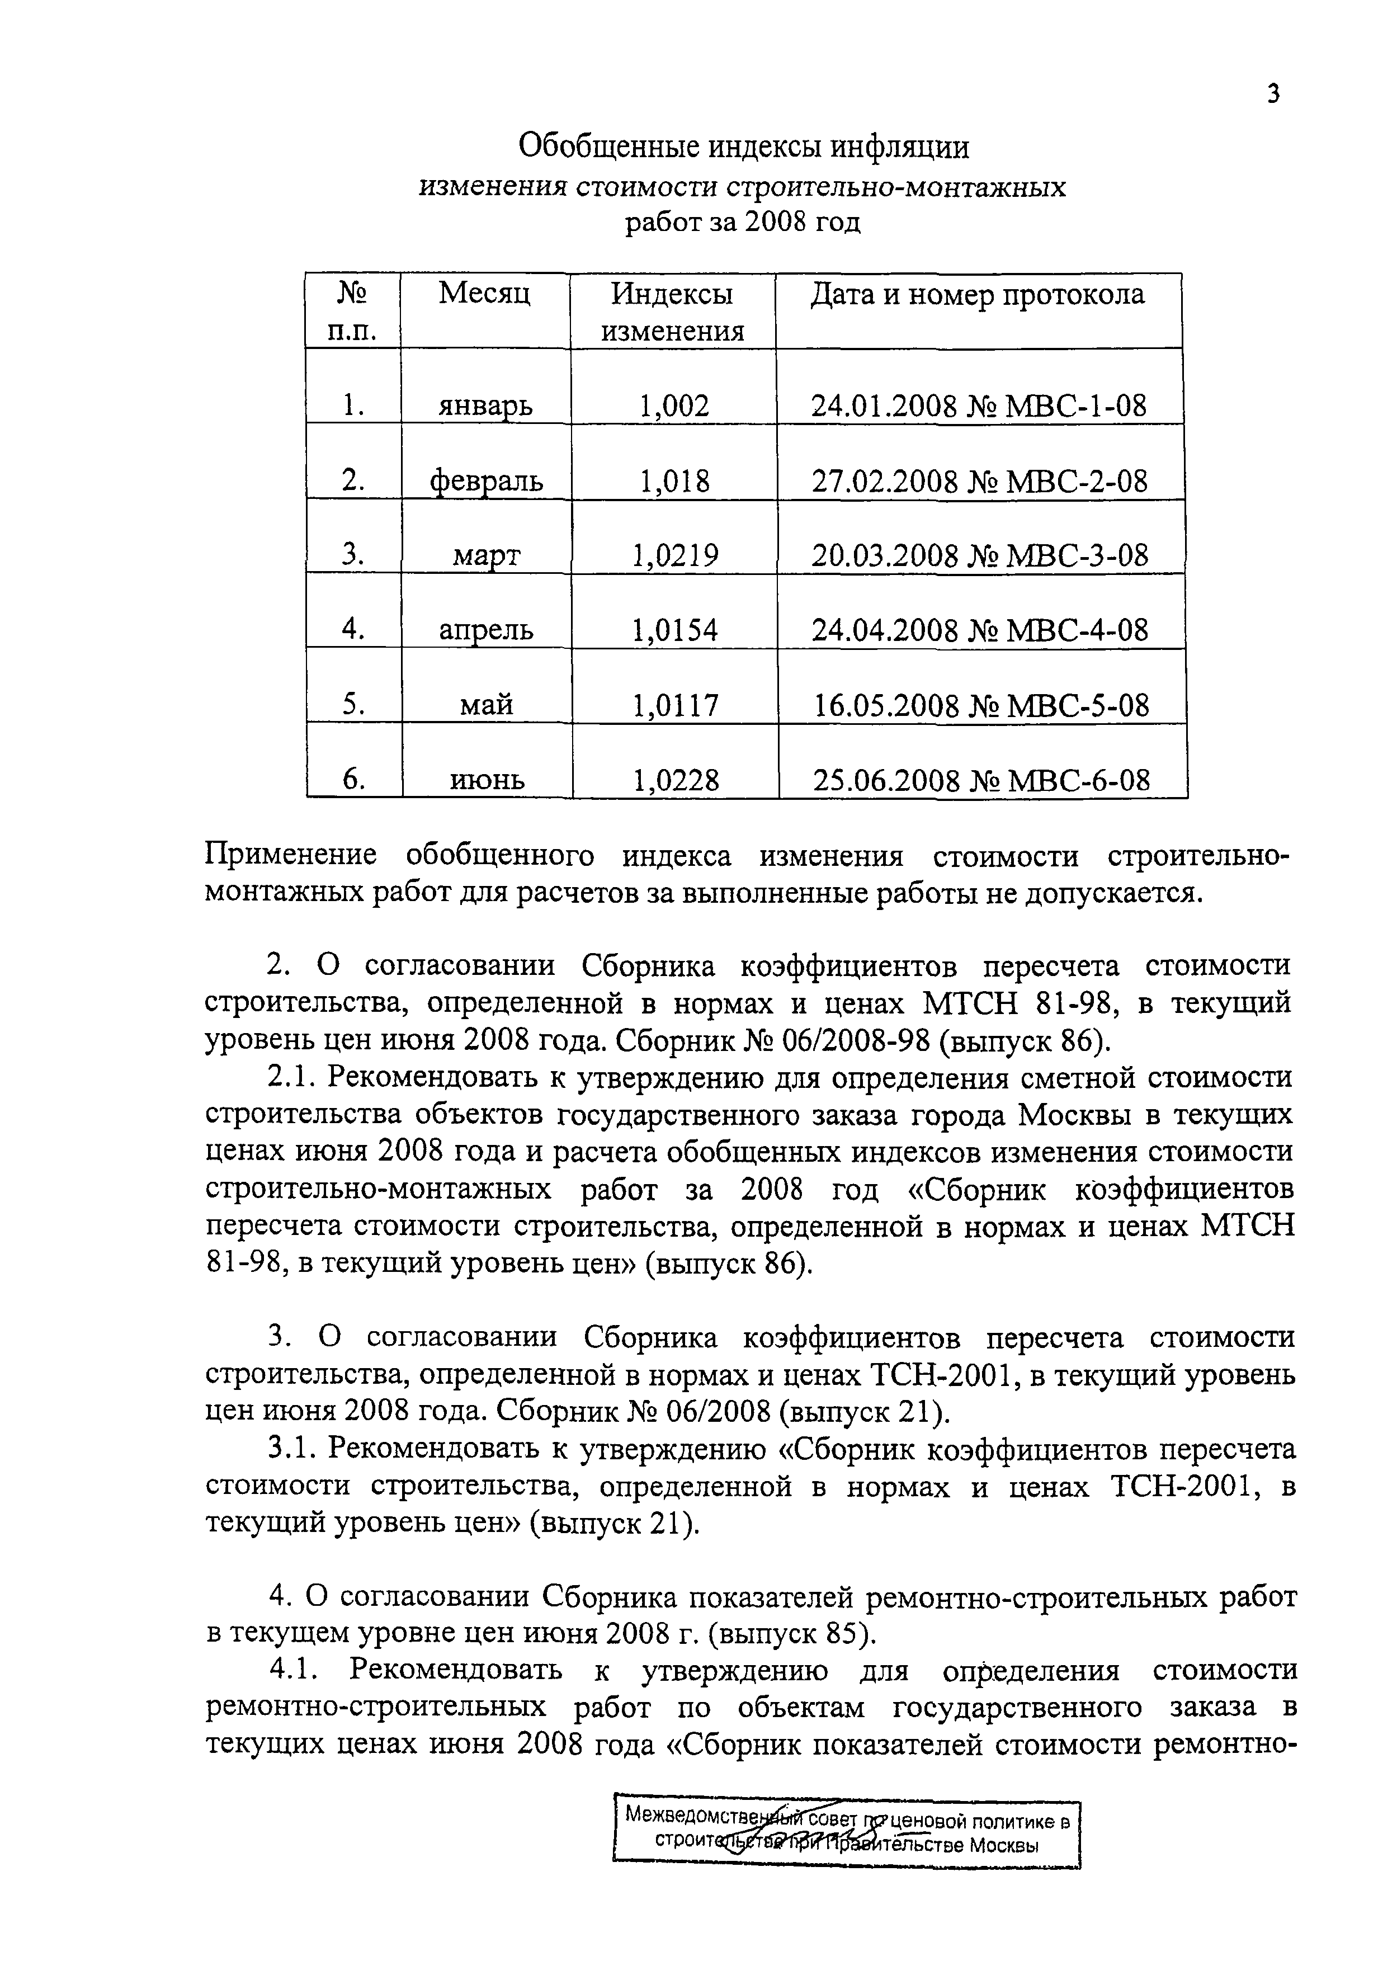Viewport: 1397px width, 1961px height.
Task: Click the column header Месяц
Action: click(x=484, y=294)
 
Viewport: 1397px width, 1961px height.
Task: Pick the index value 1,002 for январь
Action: click(x=673, y=405)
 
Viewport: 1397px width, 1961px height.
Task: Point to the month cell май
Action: click(x=487, y=705)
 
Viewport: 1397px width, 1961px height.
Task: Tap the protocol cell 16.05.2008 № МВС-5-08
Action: click(x=981, y=705)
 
